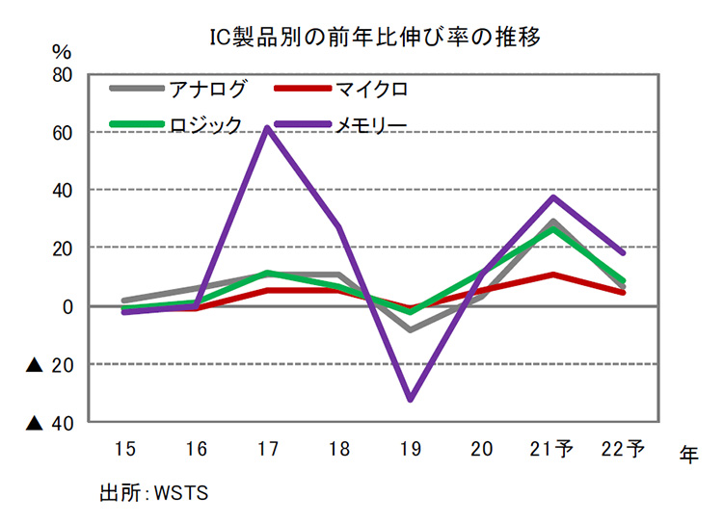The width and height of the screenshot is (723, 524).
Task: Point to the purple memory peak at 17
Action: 266,127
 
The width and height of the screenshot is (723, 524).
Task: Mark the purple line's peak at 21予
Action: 552,197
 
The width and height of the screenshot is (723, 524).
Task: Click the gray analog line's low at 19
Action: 411,329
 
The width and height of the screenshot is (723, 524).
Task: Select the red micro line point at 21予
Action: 552,275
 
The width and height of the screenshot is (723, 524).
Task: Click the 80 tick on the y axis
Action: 63,74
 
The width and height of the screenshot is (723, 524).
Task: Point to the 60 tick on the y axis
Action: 63,132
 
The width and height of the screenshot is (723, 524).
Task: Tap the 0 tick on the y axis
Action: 68,306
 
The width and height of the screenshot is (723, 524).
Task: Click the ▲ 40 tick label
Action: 52,422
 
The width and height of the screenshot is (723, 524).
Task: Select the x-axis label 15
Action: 124,448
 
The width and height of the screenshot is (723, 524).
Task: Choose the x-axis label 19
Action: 411,448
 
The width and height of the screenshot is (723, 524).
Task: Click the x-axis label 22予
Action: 624,448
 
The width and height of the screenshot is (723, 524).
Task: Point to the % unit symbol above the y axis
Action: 62,49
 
